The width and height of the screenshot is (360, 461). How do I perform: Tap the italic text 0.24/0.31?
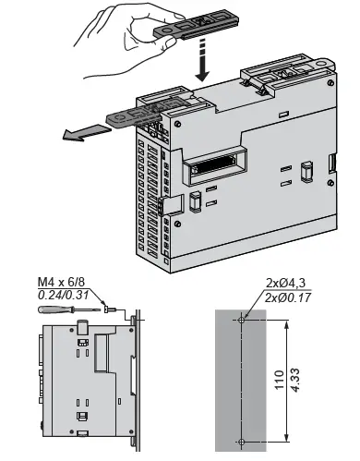[x=62, y=295]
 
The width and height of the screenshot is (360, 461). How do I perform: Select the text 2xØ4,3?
[x=285, y=282]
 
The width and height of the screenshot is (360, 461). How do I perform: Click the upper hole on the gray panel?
[x=242, y=319]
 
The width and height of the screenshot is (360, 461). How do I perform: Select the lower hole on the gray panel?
[x=242, y=438]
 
